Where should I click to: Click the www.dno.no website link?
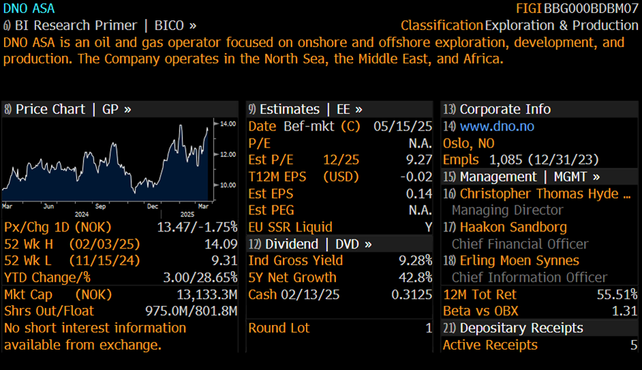coord(497,126)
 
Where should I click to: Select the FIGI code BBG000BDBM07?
coord(591,9)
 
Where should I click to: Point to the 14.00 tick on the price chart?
coord(227,124)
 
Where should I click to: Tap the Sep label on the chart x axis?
coord(100,205)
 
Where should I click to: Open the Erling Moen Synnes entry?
coord(519,260)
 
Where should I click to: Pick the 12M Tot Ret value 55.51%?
coord(617,294)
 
